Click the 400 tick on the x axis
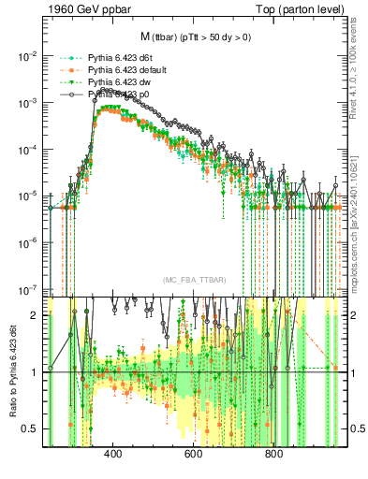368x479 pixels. [113, 455]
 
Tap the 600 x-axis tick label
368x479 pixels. [194, 455]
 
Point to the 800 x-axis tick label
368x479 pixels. [274, 455]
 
